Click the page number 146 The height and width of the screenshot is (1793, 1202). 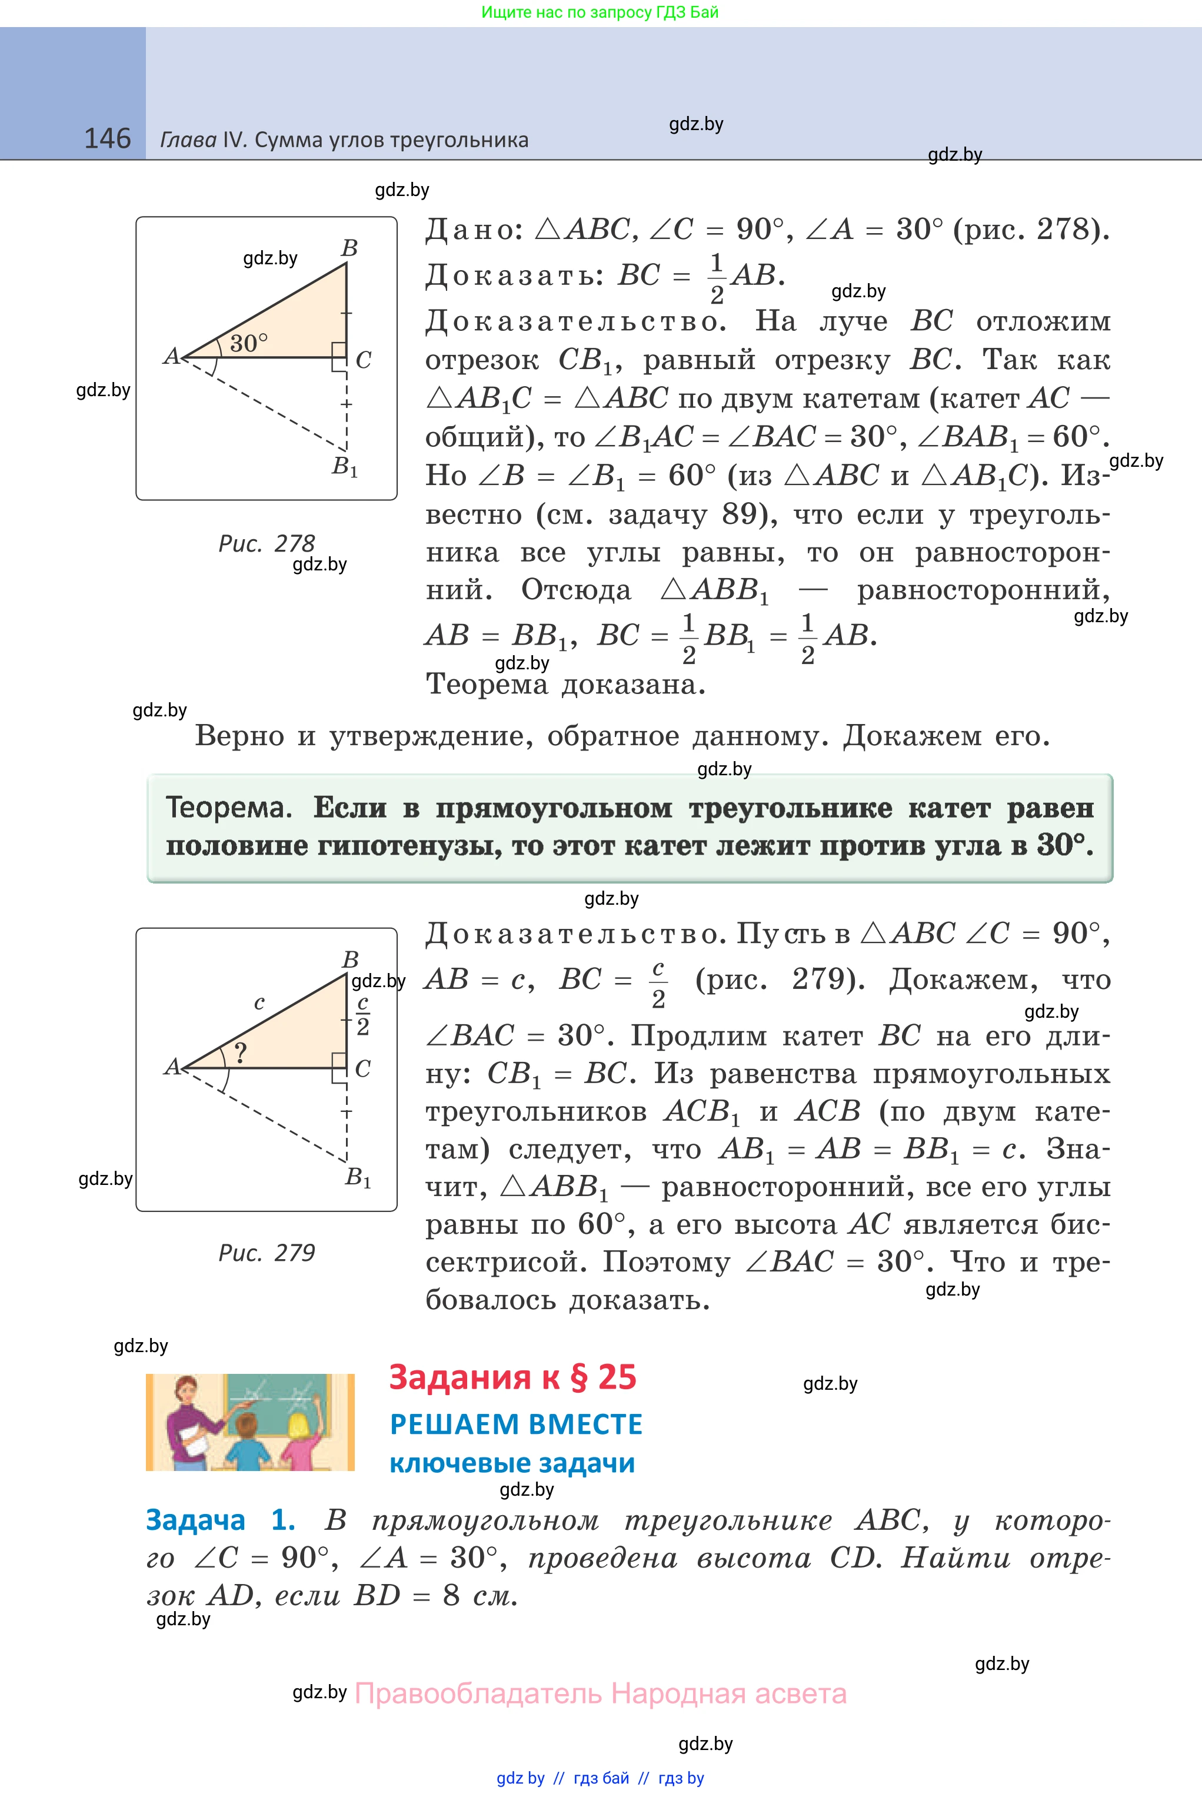tap(107, 139)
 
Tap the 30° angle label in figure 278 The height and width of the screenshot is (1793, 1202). tap(248, 342)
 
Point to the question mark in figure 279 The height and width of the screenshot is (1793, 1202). tap(240, 1053)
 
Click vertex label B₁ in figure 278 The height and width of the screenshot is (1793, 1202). tap(345, 466)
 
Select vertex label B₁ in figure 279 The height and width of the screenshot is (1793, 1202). tap(358, 1177)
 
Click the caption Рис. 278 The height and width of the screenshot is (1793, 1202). tap(266, 543)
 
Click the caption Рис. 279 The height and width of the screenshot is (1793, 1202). tap(266, 1253)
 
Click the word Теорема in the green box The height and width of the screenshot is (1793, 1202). tap(228, 808)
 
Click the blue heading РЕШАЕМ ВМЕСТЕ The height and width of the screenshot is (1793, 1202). tap(516, 1424)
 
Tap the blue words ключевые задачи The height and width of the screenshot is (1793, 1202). tap(512, 1463)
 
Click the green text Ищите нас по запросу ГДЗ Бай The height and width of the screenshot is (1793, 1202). tap(600, 12)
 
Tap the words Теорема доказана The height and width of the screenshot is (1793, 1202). tap(565, 684)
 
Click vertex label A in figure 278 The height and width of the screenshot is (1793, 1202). tap(171, 356)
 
